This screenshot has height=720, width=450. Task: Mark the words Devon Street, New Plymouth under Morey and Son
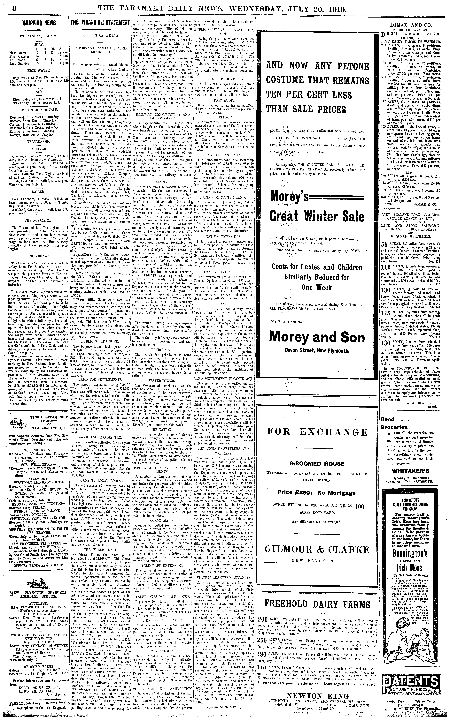(x=317, y=351)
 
